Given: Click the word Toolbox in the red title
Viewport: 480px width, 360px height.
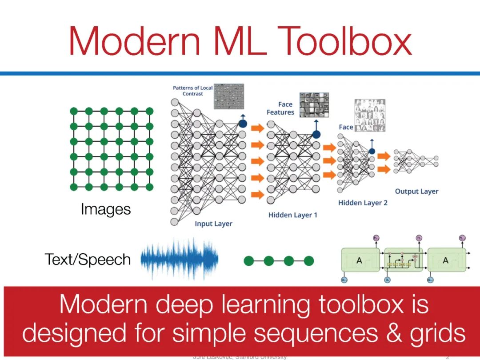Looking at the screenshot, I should (347, 41).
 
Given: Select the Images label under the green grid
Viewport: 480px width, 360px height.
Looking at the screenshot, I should (106, 209).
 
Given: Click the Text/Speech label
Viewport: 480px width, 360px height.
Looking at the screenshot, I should (88, 260).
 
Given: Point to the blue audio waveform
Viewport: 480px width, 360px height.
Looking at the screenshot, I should (180, 260).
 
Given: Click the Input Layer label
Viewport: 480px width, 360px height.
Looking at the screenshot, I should (213, 224).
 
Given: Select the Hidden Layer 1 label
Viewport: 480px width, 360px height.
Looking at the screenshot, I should (293, 215).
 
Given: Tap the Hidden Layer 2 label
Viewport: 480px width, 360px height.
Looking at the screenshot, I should (363, 203).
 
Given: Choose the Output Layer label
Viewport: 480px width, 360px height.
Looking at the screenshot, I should (416, 192).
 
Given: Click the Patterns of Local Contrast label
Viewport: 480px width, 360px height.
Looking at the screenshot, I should (192, 91).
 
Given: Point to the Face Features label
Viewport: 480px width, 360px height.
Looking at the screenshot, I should (280, 108).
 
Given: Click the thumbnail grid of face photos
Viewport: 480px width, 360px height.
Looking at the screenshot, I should (369, 115).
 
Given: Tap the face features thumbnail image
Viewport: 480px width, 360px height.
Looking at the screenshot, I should (314, 105).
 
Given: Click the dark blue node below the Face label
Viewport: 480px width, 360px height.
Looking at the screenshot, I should (372, 151).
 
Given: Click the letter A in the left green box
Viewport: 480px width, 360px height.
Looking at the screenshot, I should (359, 261).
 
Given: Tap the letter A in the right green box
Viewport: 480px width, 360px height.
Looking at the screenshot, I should (446, 261).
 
